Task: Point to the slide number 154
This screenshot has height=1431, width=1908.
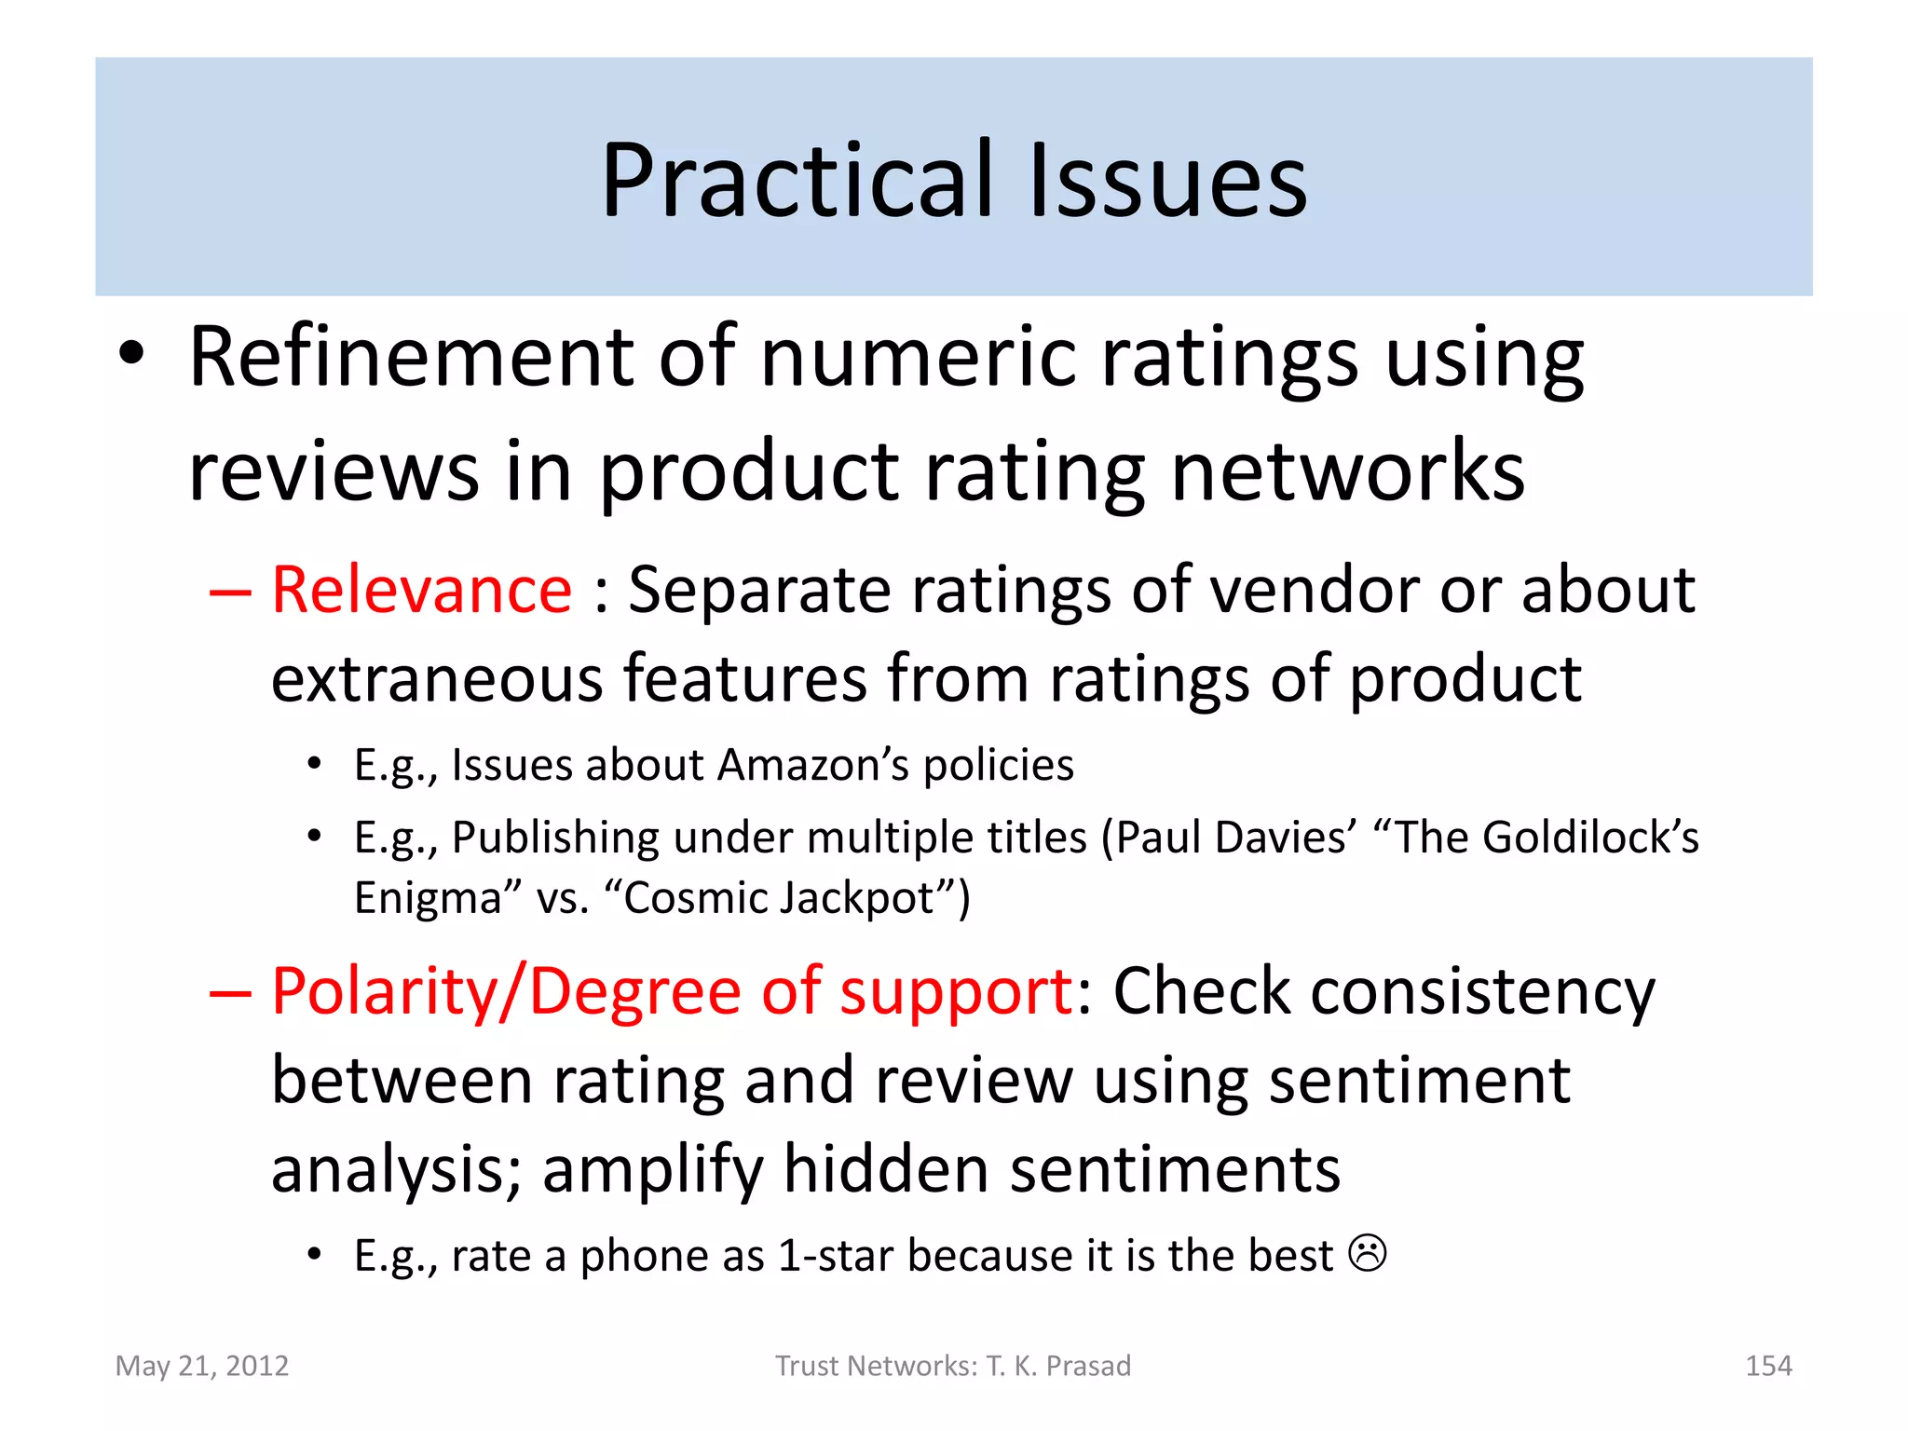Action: [x=1767, y=1366]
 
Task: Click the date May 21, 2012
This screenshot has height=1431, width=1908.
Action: [x=202, y=1366]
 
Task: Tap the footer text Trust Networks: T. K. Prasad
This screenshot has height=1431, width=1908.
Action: [x=953, y=1366]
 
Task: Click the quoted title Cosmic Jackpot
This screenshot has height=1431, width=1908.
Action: [x=779, y=899]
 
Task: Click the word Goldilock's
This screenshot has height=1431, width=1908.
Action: [x=1590, y=838]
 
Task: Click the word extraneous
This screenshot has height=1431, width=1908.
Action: [x=437, y=679]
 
